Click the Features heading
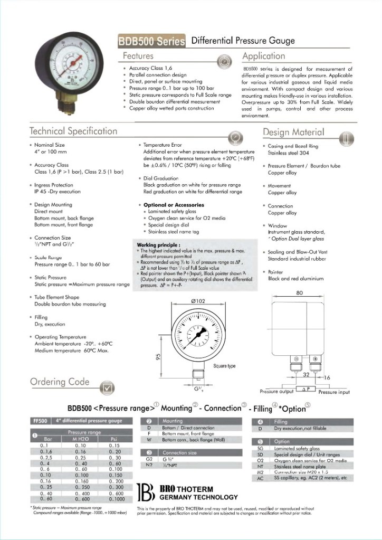(138, 56)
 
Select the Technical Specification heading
(73, 131)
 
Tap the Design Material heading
(293, 132)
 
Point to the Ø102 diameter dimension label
(197, 301)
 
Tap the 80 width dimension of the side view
(299, 292)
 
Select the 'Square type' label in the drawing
(224, 366)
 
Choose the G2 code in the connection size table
(149, 459)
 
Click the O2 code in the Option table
(260, 461)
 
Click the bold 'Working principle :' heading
(159, 245)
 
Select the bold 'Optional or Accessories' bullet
(174, 205)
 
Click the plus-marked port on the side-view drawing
(315, 359)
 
